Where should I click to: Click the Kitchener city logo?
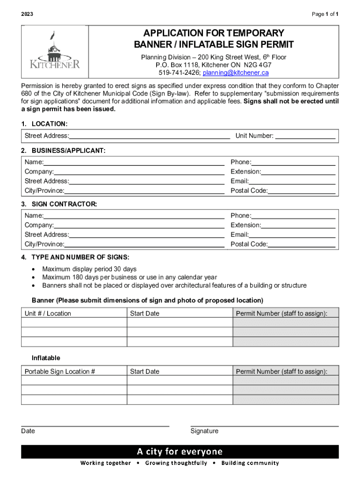(x=55, y=52)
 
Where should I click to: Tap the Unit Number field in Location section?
(x=305, y=136)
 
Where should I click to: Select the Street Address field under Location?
(x=149, y=136)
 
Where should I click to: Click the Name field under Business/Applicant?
(x=134, y=162)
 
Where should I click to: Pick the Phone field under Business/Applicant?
(x=293, y=162)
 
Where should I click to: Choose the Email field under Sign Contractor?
(x=292, y=234)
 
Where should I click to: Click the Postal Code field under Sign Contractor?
(x=302, y=244)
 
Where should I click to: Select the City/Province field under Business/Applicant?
(x=144, y=191)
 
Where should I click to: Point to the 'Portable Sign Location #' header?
(x=60, y=371)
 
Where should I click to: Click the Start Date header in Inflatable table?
(x=144, y=371)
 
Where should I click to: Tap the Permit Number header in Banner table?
(x=281, y=313)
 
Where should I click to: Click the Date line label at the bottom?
(x=28, y=431)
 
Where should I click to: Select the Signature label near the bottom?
(x=204, y=431)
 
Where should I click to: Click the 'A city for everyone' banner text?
(x=180, y=451)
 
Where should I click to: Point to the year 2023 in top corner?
(x=28, y=15)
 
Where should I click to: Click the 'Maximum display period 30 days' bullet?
(x=89, y=269)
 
